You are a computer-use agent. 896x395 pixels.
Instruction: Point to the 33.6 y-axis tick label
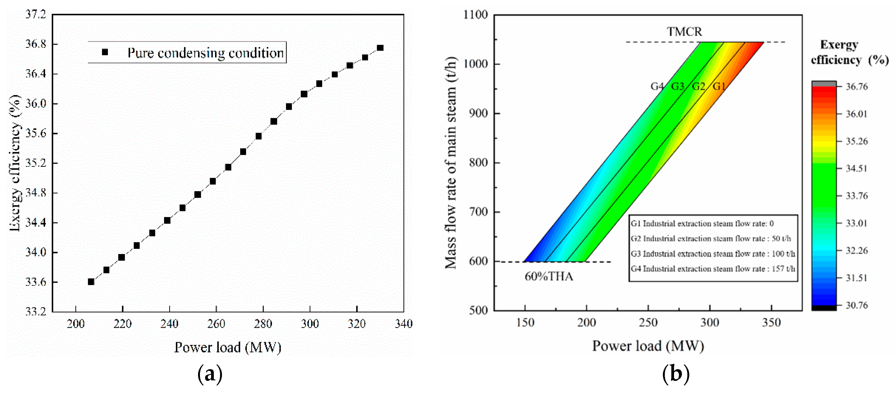click(36, 282)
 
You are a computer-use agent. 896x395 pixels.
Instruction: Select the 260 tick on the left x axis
click(216, 324)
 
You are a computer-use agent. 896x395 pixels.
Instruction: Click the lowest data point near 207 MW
click(91, 282)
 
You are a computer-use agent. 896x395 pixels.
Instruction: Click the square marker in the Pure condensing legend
click(105, 52)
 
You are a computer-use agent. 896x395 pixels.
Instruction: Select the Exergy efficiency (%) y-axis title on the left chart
click(15, 163)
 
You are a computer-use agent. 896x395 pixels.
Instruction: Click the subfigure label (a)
click(210, 374)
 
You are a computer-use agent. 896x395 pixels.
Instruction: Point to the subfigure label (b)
click(675, 374)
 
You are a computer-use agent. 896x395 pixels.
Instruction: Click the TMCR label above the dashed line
click(684, 32)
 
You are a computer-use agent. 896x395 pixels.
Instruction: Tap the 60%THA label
click(549, 277)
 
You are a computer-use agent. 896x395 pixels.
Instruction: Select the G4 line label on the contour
click(657, 86)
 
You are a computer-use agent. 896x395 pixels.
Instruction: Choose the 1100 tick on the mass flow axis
click(475, 15)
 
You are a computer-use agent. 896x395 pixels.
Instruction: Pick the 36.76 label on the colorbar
click(856, 87)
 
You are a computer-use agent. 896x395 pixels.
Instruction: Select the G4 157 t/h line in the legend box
click(713, 269)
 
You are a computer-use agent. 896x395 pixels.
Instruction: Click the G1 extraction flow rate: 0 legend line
click(702, 224)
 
